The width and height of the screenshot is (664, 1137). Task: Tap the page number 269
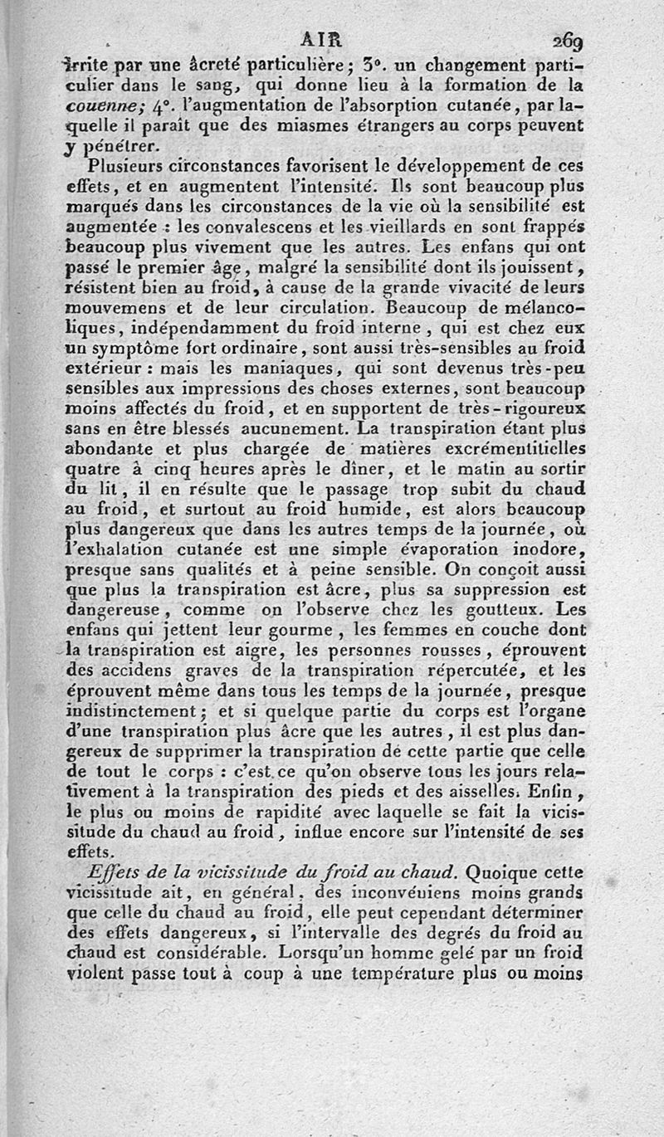pos(564,41)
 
